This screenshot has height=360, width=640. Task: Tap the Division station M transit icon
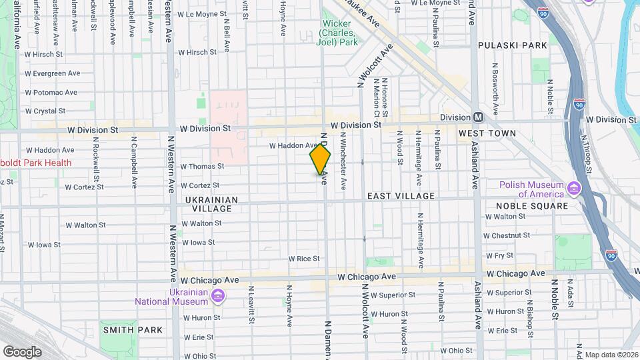[x=478, y=117]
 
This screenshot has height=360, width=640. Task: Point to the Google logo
[x=22, y=351]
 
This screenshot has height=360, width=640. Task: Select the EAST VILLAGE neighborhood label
[x=401, y=196]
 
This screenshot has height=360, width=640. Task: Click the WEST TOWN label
[x=487, y=133]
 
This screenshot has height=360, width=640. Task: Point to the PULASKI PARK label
[x=512, y=45]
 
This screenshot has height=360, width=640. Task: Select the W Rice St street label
[x=304, y=259]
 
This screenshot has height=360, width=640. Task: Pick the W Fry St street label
[x=499, y=255]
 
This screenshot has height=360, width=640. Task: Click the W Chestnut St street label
[x=507, y=235]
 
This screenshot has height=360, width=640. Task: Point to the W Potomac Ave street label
[x=51, y=93]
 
